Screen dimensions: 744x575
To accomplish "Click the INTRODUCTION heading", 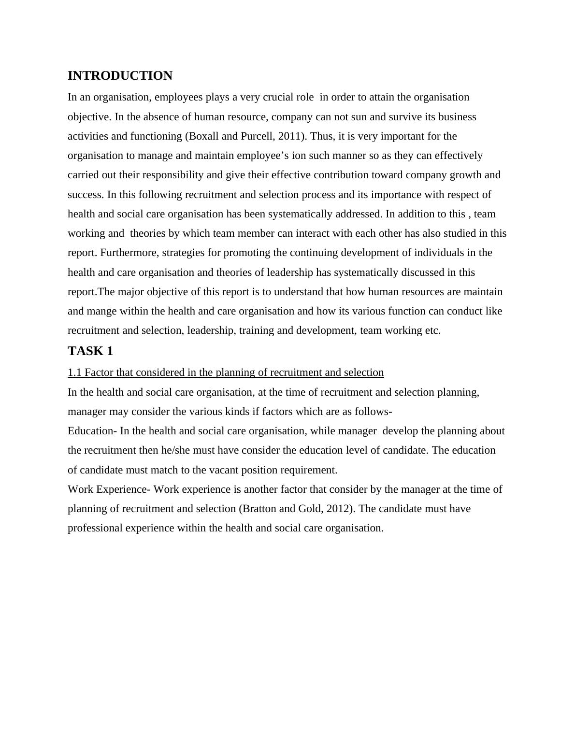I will coord(120,76).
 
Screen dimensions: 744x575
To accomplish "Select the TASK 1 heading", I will coord(90,351).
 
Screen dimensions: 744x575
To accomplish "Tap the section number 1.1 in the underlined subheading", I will coord(74,372).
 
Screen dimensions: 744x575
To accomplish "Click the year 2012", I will coord(337,509).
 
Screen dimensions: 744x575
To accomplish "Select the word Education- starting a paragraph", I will coord(92,431).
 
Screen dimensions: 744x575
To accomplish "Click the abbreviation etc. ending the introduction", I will coord(432,330).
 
